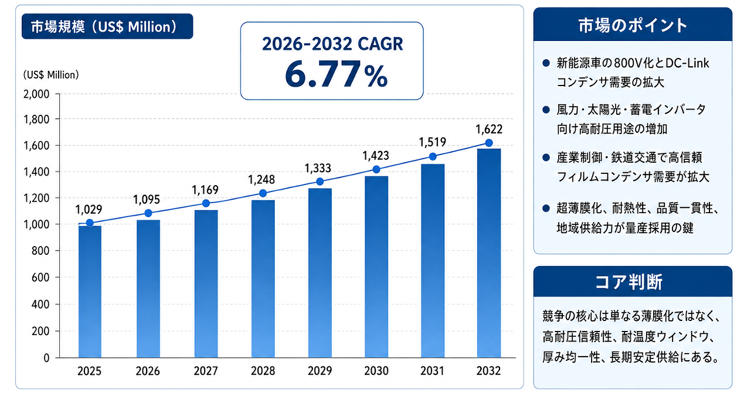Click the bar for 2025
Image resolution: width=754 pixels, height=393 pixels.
(90, 292)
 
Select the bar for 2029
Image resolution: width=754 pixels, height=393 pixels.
(320, 273)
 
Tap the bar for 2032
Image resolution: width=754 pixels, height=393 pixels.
(489, 253)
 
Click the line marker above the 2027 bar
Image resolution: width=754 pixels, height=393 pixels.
(206, 203)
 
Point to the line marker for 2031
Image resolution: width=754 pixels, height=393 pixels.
(433, 156)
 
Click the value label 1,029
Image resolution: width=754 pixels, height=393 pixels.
(89, 210)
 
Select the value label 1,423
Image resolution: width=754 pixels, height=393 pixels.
(376, 156)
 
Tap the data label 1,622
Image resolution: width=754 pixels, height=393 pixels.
(489, 129)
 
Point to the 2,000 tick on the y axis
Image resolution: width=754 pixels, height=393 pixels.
(36, 94)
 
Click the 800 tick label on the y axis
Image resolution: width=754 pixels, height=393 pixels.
(40, 251)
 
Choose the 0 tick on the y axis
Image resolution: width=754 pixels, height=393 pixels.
(46, 358)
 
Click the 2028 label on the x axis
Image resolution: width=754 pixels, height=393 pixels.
(263, 371)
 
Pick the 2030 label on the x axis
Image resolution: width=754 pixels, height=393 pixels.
(376, 371)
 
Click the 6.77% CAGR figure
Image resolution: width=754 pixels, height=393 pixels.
(337, 74)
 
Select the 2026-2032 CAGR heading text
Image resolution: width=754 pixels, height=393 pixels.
(332, 44)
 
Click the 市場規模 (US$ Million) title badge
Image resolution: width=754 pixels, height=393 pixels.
(107, 26)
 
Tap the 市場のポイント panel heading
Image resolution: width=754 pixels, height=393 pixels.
(633, 25)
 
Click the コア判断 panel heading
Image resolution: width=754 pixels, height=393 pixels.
(629, 282)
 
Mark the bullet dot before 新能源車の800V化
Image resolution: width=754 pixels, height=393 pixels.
(546, 63)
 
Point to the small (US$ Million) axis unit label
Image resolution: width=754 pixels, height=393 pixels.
(51, 74)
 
